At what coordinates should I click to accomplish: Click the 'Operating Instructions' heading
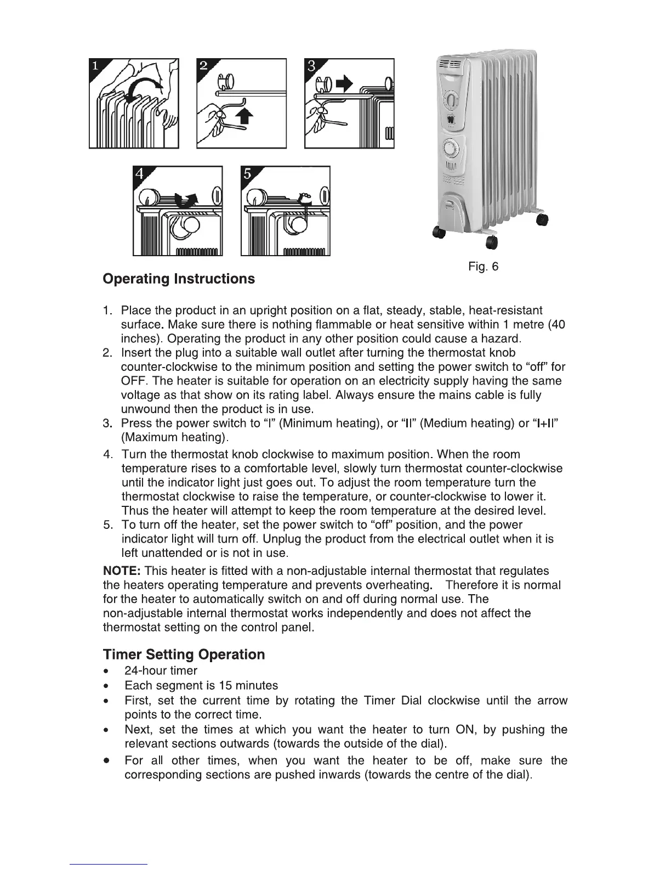(x=179, y=279)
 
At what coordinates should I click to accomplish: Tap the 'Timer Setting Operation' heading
(x=184, y=654)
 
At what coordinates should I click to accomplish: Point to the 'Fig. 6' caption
(x=484, y=267)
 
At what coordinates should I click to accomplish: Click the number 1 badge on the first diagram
(x=96, y=67)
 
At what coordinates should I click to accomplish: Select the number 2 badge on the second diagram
(x=204, y=67)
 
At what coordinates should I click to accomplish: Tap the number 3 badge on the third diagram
(x=311, y=67)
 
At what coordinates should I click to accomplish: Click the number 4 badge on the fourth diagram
(x=140, y=174)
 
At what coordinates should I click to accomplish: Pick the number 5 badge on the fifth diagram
(x=248, y=174)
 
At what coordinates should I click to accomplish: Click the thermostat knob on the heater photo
(x=451, y=101)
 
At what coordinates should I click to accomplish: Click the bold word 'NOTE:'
(x=122, y=571)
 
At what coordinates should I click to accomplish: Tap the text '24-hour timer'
(x=161, y=670)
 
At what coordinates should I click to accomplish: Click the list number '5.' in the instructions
(x=108, y=525)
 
